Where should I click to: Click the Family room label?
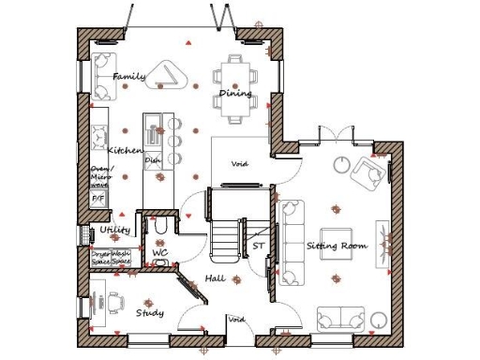(x=128, y=76)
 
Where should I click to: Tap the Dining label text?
(x=234, y=94)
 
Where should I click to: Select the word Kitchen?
(x=125, y=150)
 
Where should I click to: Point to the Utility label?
(x=114, y=230)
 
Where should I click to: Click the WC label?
(x=159, y=253)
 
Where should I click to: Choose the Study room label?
(x=150, y=312)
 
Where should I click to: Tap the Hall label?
(x=215, y=279)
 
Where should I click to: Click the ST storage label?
(x=258, y=247)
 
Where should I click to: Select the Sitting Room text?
(x=337, y=246)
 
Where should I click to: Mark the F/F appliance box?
(x=97, y=200)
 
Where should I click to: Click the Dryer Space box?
(x=100, y=257)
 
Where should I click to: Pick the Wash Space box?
(x=121, y=257)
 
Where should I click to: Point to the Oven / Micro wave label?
(x=99, y=176)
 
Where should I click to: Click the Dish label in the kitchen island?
(x=152, y=161)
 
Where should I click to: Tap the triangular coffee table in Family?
(x=171, y=75)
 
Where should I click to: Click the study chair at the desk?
(x=114, y=302)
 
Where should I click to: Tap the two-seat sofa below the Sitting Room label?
(x=340, y=320)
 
